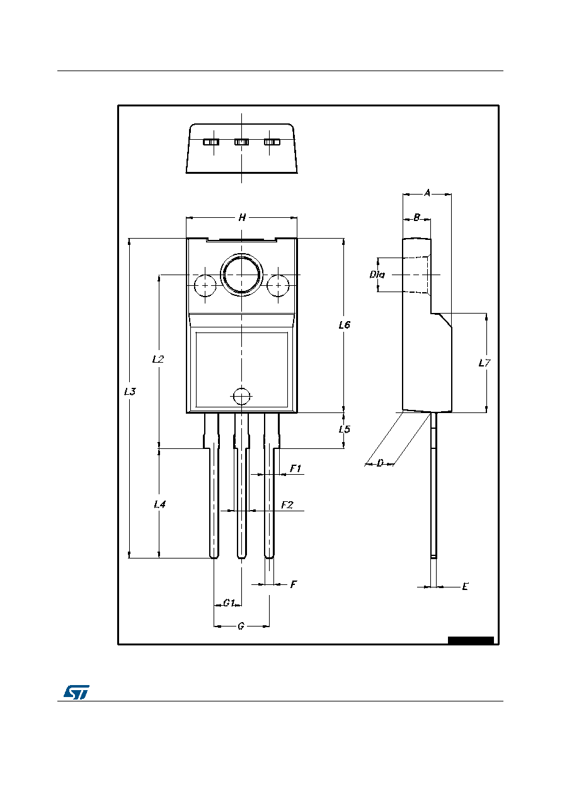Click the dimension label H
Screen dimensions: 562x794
242,217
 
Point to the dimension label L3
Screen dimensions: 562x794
130,391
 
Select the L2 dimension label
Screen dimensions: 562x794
158,359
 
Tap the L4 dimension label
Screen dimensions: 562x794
160,504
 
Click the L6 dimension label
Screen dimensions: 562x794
344,325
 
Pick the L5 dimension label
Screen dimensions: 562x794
344,429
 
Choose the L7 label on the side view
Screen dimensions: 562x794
485,363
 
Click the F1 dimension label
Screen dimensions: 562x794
295,468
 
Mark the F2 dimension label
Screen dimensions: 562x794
287,505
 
